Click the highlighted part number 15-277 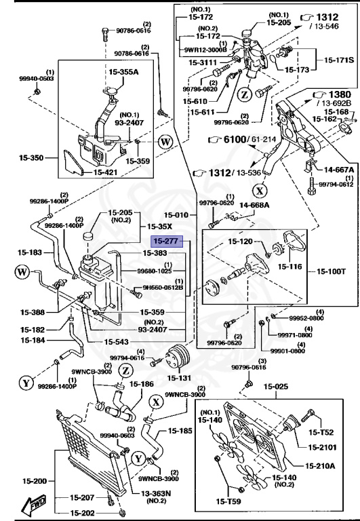pyautogui.click(x=165, y=240)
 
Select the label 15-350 pyautogui.click(x=32, y=158)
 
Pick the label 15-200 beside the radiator pyautogui.click(x=32, y=480)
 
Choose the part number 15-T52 pyautogui.click(x=322, y=432)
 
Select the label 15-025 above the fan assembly pyautogui.click(x=276, y=387)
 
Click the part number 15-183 pyautogui.click(x=32, y=252)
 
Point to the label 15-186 pyautogui.click(x=142, y=384)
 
